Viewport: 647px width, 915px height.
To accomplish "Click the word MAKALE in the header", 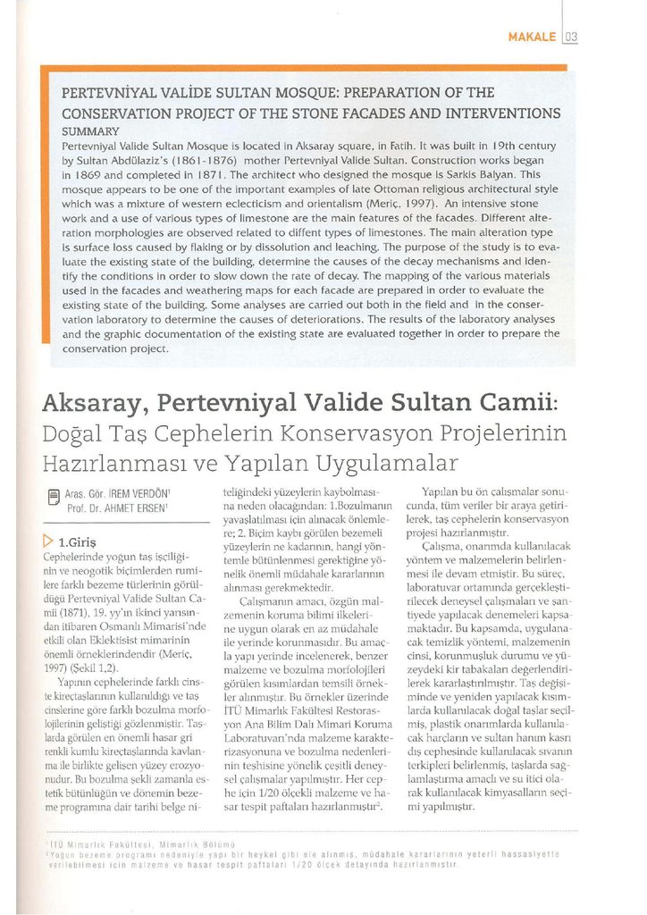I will click(x=533, y=37).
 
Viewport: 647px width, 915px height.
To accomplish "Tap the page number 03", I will click(x=572, y=37).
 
